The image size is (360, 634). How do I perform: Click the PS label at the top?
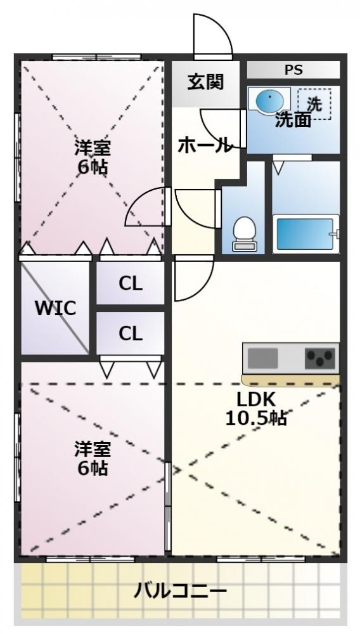pos(293,70)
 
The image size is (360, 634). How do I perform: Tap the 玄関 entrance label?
pos(205,82)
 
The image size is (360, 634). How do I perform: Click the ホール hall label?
pos(203,146)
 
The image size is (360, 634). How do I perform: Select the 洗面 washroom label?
pos(292,120)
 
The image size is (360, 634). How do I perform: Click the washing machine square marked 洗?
pos(314,103)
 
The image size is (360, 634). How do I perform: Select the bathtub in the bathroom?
pos(305,233)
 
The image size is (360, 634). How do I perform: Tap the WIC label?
pos(55,309)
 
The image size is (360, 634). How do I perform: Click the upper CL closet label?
pos(131,283)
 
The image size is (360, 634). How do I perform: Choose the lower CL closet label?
pos(131,333)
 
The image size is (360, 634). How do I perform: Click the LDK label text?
pos(256,401)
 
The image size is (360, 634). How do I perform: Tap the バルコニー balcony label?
pos(180,592)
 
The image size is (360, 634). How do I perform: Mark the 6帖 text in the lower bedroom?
pos(93,469)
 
